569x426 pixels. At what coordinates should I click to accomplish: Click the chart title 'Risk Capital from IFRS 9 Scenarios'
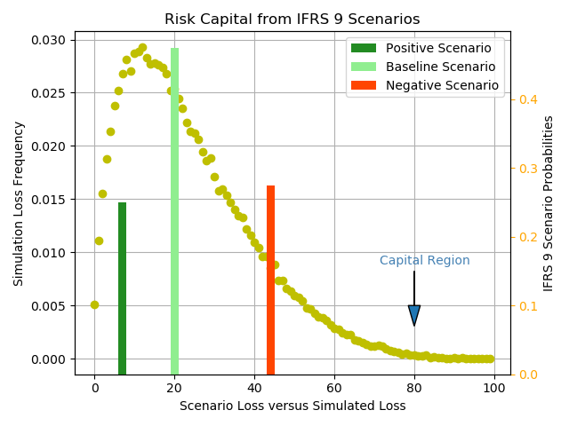tap(292, 20)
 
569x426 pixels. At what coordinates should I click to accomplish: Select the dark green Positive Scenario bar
tap(122, 288)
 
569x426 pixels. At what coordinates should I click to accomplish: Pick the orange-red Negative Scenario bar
tap(270, 280)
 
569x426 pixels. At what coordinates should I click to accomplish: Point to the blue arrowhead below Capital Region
tap(414, 315)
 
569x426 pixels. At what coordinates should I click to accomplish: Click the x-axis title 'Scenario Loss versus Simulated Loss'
tap(292, 406)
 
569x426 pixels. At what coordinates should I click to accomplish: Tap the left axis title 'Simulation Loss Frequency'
tap(19, 203)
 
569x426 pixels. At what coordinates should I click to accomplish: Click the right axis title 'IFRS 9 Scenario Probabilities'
tap(549, 203)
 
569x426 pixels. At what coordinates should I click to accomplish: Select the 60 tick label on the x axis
tap(334, 388)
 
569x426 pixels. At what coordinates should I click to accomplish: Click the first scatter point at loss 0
tap(94, 304)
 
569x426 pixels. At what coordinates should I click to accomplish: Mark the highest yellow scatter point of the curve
tap(142, 48)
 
